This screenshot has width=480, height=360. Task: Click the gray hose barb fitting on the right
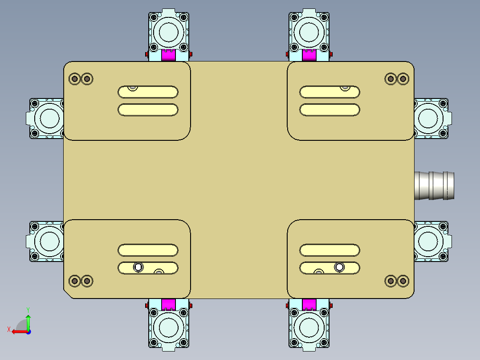pos(435,185)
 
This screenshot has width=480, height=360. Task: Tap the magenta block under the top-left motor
pos(168,55)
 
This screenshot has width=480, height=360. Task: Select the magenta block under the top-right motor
pos(309,55)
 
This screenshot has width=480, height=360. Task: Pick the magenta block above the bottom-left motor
pos(168,304)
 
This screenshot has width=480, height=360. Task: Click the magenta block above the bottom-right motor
pos(309,304)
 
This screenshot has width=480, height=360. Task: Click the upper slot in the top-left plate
pos(148,92)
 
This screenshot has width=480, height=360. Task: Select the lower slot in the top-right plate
pos(330,110)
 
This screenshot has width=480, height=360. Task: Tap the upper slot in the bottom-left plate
pos(148,250)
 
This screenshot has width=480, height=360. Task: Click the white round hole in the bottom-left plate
pos(138,267)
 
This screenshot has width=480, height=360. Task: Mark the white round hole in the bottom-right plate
pos(340,267)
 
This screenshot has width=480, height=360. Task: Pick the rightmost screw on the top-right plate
pos(403,79)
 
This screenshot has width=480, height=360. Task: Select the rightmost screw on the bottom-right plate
pos(403,280)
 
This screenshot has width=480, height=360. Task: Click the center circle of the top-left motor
pos(168,31)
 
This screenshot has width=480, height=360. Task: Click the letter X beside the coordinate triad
pos(8,329)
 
